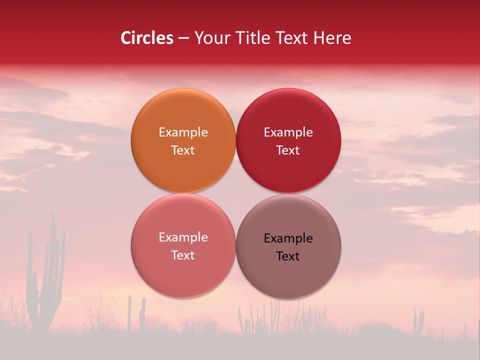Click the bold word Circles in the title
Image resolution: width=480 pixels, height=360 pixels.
pos(146,38)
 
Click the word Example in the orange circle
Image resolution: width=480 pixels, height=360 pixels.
pos(183,132)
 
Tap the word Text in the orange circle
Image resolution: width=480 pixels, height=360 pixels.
pos(183,150)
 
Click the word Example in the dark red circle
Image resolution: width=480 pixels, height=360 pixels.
pos(288,132)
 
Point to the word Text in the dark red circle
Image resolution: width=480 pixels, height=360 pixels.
pos(288,150)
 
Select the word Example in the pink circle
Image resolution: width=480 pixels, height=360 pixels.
pos(183,237)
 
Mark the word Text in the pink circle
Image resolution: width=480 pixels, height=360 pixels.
pos(183,255)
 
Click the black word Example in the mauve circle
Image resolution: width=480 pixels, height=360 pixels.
pos(288,238)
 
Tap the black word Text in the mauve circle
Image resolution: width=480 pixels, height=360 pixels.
pos(288,256)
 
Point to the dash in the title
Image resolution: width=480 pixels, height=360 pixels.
pos(183,38)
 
